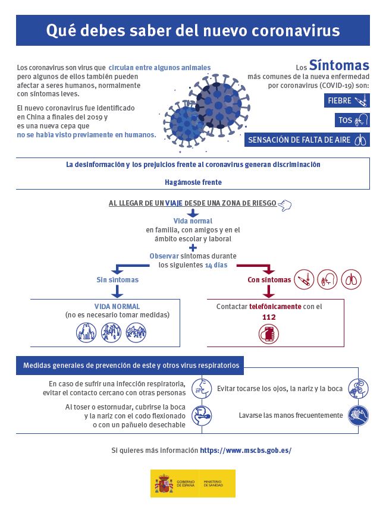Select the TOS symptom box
pos(352,120)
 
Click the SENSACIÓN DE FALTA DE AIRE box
pos(307,140)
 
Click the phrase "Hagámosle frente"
pos(193,182)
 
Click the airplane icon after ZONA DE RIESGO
pos(285,204)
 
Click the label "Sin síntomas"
pos(118,279)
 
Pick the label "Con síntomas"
pos(269,279)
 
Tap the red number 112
pos(269,317)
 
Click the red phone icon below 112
pos(269,334)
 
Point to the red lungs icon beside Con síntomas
pos(351,279)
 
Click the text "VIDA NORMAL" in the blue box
pos(117,307)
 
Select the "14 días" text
pos(216,265)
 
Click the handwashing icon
pos(358,414)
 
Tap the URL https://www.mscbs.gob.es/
pos(246,451)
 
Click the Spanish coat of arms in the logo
pos(164,483)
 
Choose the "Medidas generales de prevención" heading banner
pos(130,366)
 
